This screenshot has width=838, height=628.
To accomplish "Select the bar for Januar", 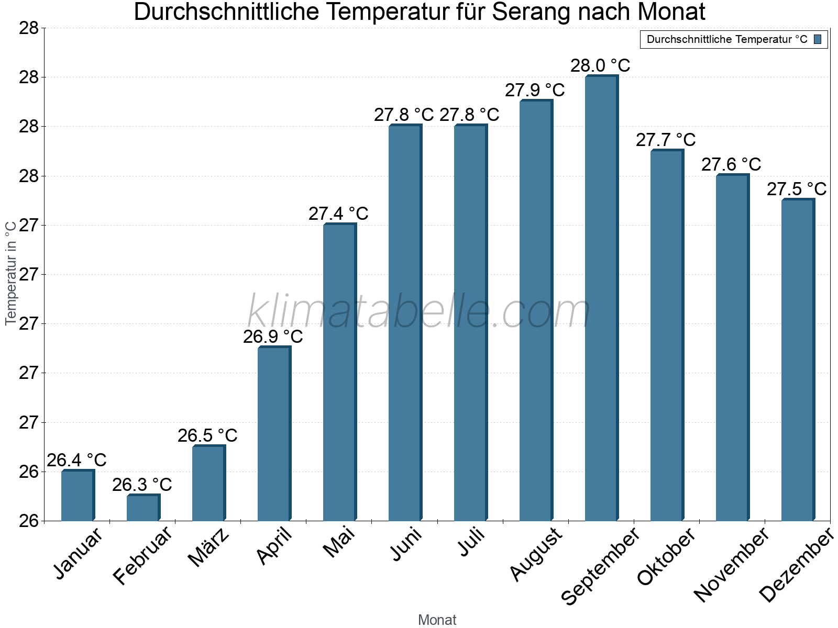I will pos(78,496).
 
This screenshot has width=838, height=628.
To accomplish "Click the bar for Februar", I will pos(143,508).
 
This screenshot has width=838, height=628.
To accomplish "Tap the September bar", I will pos(601,298).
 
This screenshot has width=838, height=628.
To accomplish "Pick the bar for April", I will pos(274,434).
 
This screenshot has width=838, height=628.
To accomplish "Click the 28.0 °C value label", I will pos(600,66).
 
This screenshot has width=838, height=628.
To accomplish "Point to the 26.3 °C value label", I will pos(142,485).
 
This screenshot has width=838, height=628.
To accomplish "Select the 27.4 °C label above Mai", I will pos(338,214).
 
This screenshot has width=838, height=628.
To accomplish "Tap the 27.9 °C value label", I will pos(535,90).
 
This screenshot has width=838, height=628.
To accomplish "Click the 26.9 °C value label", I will pos(273,337).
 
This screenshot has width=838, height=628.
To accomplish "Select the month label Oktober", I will pos(666,556).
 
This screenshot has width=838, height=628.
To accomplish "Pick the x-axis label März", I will pos(208,547).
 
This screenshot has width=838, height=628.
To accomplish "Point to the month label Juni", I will pos(406,544).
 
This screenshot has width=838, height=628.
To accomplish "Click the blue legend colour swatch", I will pos(818,39).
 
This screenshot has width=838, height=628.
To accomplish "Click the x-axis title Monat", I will pos(437,620).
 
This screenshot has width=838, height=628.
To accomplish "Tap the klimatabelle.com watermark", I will pos(418,311).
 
